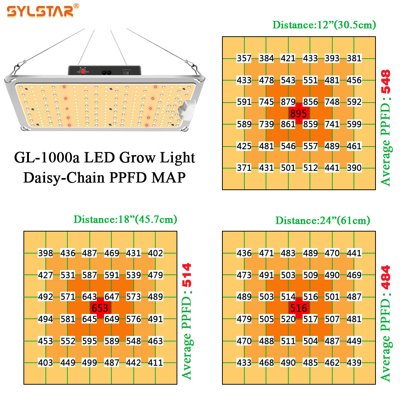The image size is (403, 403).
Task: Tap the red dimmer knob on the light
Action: click(x=83, y=71)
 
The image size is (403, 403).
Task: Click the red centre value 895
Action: click(x=299, y=113)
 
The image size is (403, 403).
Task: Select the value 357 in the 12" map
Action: click(x=244, y=58)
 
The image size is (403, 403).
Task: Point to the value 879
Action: click(x=288, y=102)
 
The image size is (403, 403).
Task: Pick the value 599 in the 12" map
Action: click(x=354, y=124)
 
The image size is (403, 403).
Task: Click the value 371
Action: click(x=244, y=168)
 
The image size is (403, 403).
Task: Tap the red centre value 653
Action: click(x=100, y=308)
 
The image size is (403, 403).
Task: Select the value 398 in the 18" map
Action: click(x=45, y=253)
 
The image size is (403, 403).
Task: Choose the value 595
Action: click(x=89, y=341)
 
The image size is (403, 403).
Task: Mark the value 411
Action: click(x=155, y=363)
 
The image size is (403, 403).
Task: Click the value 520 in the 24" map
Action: click(x=288, y=319)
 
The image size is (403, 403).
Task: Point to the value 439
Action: click(x=354, y=363)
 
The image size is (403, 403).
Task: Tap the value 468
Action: click(x=266, y=363)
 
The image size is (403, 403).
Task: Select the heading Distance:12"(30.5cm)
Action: click(x=324, y=25)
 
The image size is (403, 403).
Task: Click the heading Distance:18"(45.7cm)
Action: click(x=125, y=219)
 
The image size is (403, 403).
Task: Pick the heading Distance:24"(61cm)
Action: click(x=323, y=221)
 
